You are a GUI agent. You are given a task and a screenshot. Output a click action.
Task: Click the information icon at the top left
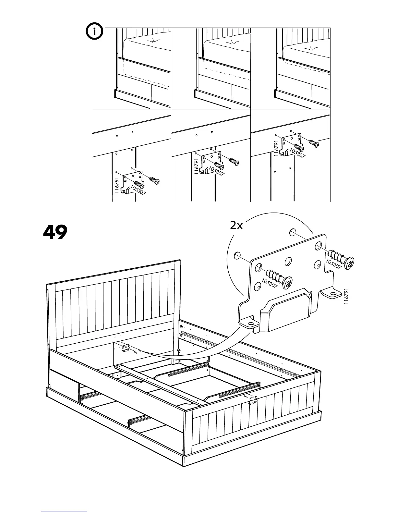tap(95, 31)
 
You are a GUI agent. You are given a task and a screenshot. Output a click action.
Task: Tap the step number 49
tap(55, 232)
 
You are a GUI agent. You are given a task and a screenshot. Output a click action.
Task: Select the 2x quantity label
tap(236, 226)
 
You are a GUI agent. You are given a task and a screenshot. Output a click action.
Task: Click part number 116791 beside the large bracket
tap(346, 296)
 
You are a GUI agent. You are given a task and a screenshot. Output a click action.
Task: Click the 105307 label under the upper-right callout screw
tap(333, 264)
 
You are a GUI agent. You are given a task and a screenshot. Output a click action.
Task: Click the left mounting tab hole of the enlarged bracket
tap(250, 323)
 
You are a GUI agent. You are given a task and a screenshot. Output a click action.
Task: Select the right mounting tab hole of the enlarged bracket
tap(332, 295)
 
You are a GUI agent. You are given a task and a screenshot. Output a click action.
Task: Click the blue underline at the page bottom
tap(64, 511)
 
